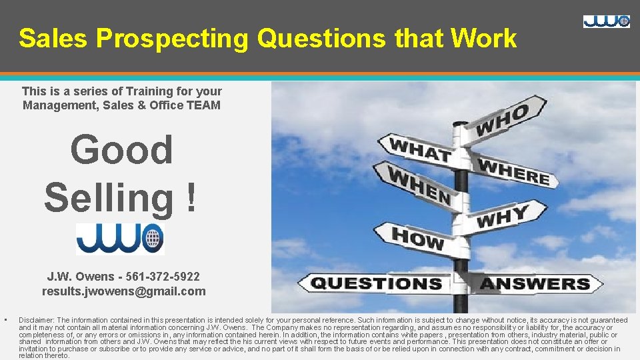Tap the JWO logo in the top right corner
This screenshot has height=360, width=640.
(606, 21)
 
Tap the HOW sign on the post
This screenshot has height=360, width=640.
(417, 237)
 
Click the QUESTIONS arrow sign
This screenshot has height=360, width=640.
(377, 283)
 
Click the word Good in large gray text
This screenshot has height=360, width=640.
(121, 149)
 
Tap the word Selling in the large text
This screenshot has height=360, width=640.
(111, 197)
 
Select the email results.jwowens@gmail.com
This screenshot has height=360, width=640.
(123, 291)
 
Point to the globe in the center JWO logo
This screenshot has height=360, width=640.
(153, 237)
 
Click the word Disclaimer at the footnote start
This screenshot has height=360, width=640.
(36, 320)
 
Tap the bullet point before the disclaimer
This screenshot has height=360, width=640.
(5, 319)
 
